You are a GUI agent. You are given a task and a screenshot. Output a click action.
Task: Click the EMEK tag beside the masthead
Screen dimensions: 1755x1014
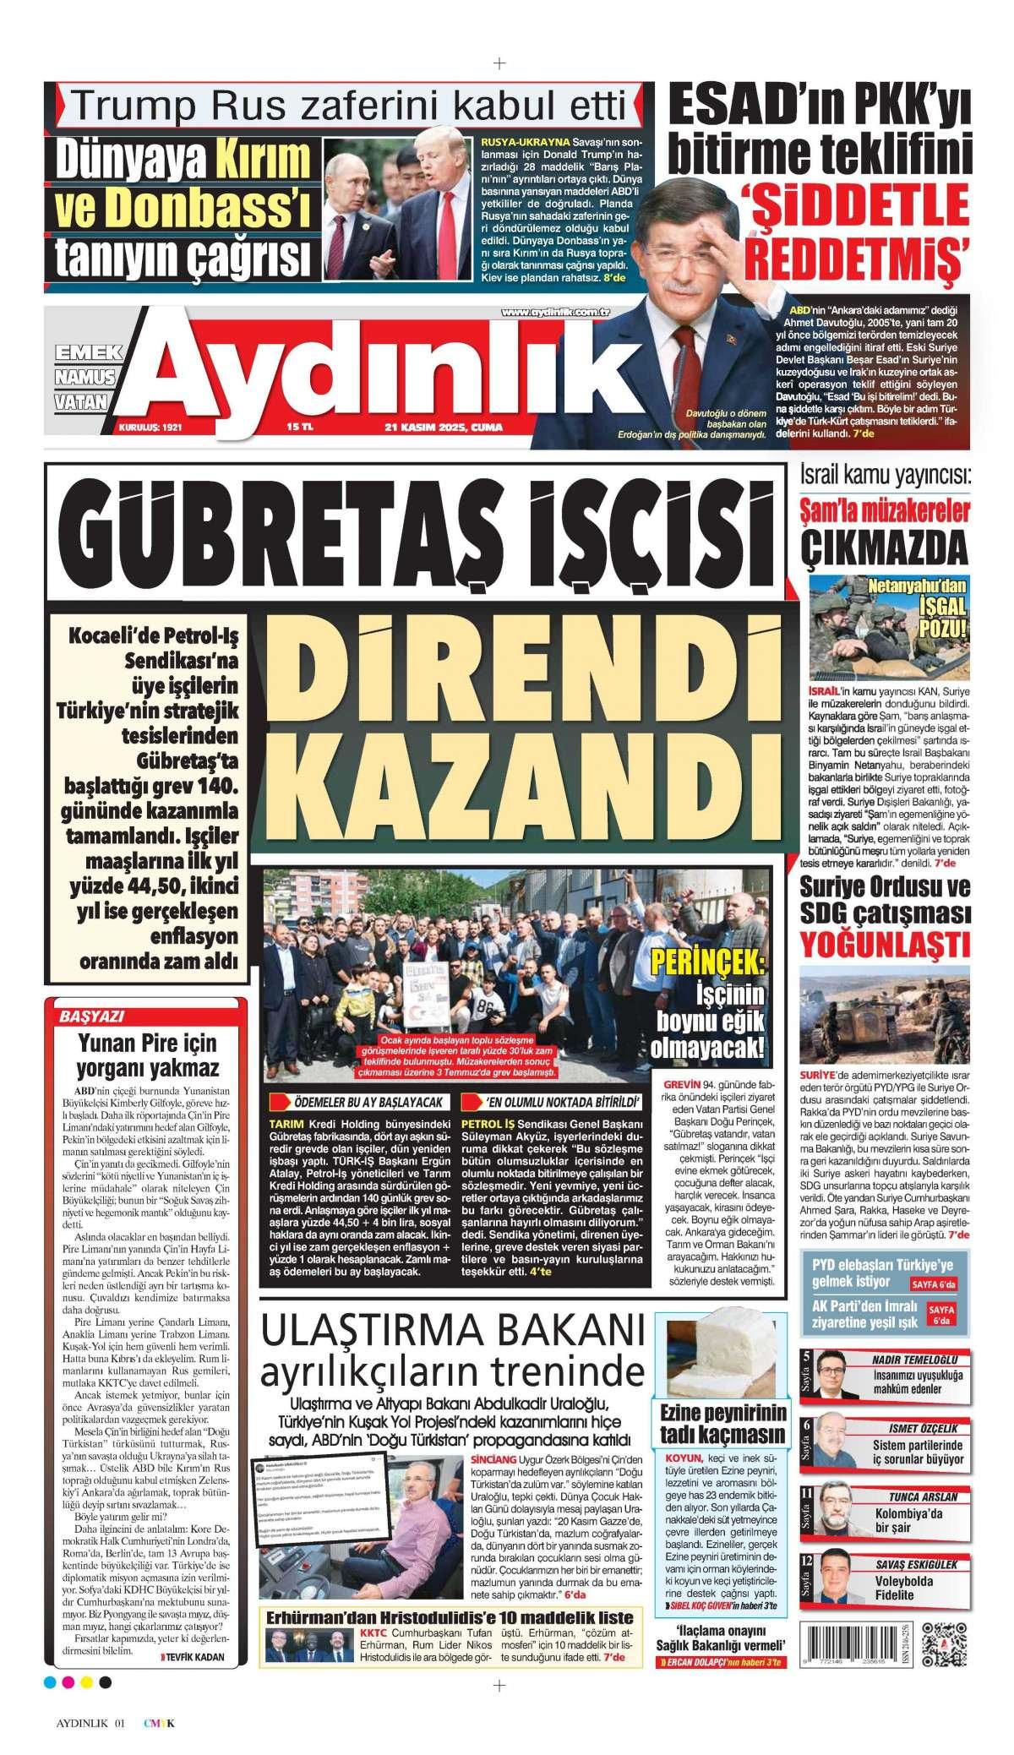[84, 352]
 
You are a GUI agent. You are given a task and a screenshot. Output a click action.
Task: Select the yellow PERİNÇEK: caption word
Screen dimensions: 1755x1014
[710, 960]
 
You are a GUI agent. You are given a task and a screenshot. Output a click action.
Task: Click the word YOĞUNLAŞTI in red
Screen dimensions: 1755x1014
[885, 941]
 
